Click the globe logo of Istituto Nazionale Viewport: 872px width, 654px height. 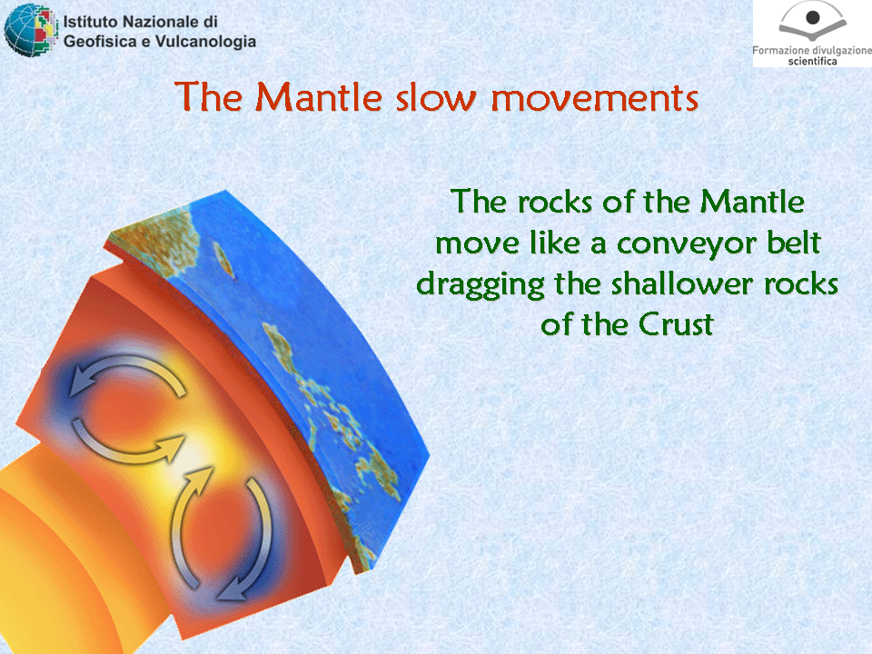coord(31,30)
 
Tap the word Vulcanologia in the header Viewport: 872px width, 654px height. coord(206,42)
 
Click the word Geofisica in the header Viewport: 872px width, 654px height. coord(100,41)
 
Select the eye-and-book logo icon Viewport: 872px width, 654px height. coord(812,22)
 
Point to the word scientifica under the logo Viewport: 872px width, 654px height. coord(812,61)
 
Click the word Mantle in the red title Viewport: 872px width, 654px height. coord(319,97)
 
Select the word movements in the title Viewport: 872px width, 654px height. coord(594,99)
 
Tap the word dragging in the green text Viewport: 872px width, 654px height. coord(481,284)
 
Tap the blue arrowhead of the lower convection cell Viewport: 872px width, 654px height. coord(233,590)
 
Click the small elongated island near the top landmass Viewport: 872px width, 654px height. coord(223,259)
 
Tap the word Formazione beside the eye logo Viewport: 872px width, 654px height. coord(779,50)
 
